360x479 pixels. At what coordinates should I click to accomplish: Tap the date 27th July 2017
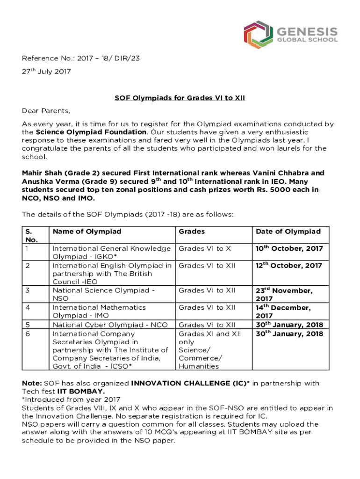46,72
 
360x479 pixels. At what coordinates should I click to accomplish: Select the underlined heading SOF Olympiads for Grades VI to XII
180,98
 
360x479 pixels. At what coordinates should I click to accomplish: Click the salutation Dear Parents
46,111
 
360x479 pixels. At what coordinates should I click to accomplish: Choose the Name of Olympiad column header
87,232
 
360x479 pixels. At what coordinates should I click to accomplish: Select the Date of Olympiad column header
288,232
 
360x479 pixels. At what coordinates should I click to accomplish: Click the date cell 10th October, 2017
289,248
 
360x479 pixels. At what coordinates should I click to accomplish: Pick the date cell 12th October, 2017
289,266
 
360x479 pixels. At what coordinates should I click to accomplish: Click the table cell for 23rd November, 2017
284,294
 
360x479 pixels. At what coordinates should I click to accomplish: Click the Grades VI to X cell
205,248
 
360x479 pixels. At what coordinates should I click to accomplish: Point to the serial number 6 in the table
27,334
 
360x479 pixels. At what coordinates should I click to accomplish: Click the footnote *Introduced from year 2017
71,399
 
